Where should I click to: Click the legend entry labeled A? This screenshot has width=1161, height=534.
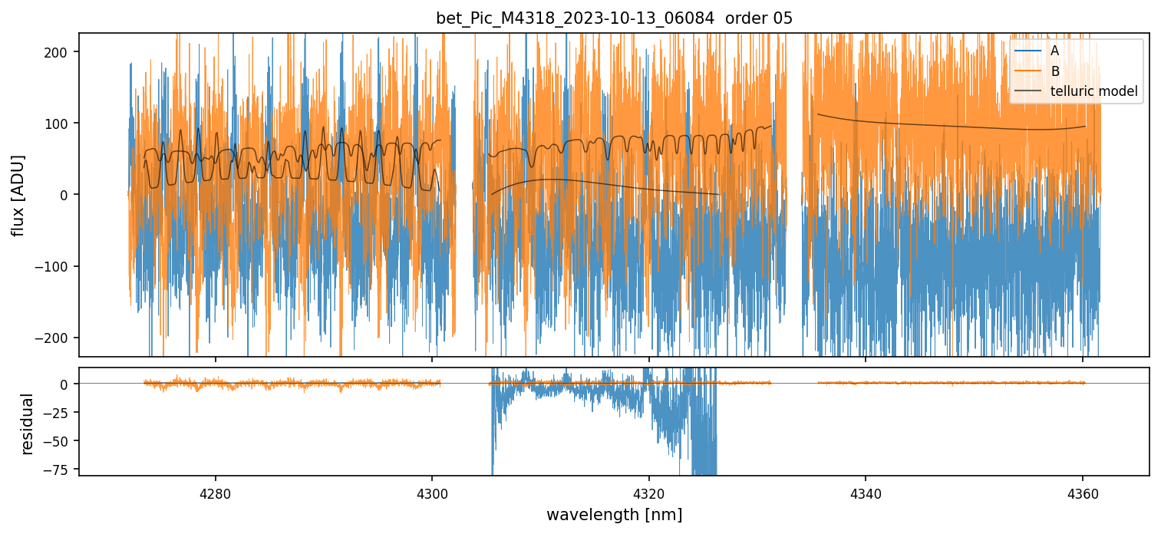coord(1054,51)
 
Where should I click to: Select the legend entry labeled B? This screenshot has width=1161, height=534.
coord(1054,71)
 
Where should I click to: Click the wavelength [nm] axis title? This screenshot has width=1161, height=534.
coord(614,514)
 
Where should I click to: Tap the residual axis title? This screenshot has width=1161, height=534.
coord(28,424)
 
